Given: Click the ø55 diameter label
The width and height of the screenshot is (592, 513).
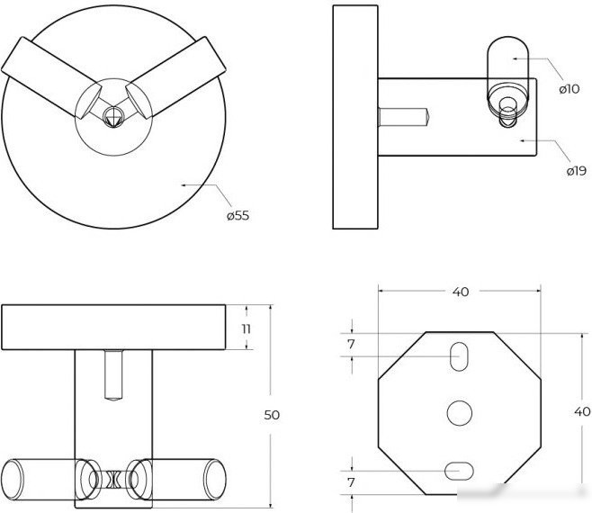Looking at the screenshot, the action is pyautogui.click(x=238, y=216).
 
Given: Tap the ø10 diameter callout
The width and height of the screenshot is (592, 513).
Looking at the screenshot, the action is pyautogui.click(x=569, y=89).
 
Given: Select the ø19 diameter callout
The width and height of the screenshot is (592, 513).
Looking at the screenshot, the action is pyautogui.click(x=577, y=171).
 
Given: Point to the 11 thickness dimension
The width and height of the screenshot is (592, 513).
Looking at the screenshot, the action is pyautogui.click(x=247, y=329).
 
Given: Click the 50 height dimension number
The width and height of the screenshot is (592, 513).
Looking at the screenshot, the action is pyautogui.click(x=272, y=415).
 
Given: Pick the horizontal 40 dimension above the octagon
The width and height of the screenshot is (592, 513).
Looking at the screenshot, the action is pyautogui.click(x=461, y=292).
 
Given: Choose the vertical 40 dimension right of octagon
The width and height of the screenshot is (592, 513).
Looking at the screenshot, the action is pyautogui.click(x=582, y=411).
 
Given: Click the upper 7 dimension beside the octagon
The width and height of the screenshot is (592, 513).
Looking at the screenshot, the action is pyautogui.click(x=351, y=344).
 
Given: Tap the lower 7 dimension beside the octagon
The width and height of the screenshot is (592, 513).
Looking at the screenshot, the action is pyautogui.click(x=351, y=482).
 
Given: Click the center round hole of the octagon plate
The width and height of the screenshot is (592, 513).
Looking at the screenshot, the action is pyautogui.click(x=460, y=413).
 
